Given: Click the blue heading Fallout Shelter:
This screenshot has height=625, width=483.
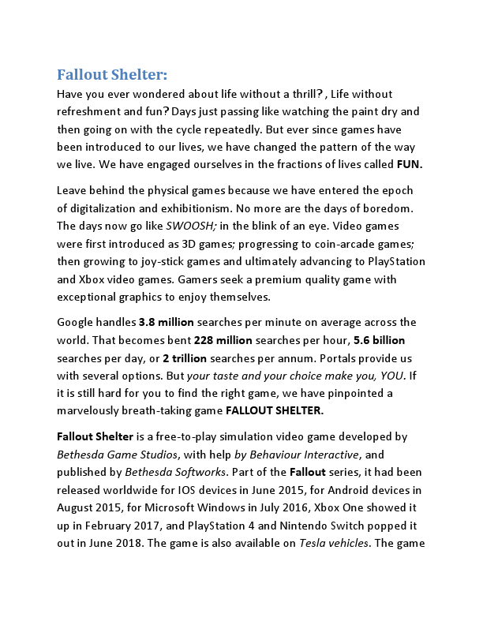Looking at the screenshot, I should click(112, 75).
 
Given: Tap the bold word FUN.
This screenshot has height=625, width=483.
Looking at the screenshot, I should click(410, 165).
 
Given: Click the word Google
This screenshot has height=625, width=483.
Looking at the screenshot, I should click(77, 322).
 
